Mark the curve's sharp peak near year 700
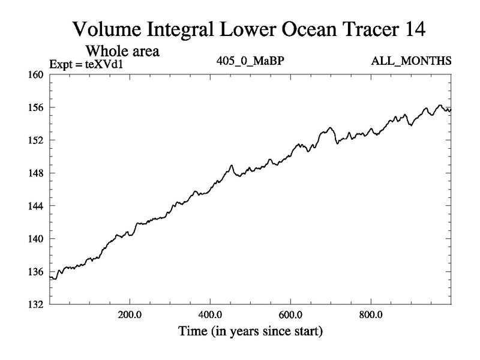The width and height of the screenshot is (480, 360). (330, 128)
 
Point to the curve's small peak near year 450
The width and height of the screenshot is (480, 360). (231, 165)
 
